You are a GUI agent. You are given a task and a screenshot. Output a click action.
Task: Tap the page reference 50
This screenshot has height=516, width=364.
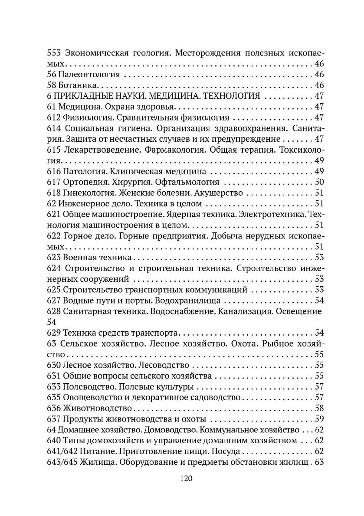[x=319, y=182]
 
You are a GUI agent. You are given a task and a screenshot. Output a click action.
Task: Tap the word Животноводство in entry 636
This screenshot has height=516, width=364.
[x=97, y=408]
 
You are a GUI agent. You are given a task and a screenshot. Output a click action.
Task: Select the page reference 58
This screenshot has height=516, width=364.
[x=319, y=408]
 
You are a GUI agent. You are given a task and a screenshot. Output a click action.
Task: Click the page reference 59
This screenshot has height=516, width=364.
[x=319, y=419]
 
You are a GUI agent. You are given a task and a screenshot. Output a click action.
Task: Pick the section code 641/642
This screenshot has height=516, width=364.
[x=62, y=451]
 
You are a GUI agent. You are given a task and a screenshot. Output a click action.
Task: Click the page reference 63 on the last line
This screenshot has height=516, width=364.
[x=319, y=462]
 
